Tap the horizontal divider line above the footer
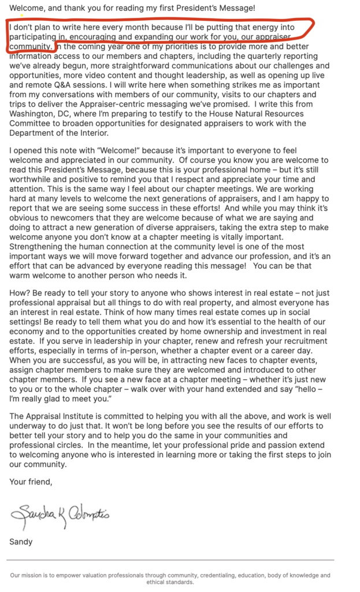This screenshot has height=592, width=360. [170, 560]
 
